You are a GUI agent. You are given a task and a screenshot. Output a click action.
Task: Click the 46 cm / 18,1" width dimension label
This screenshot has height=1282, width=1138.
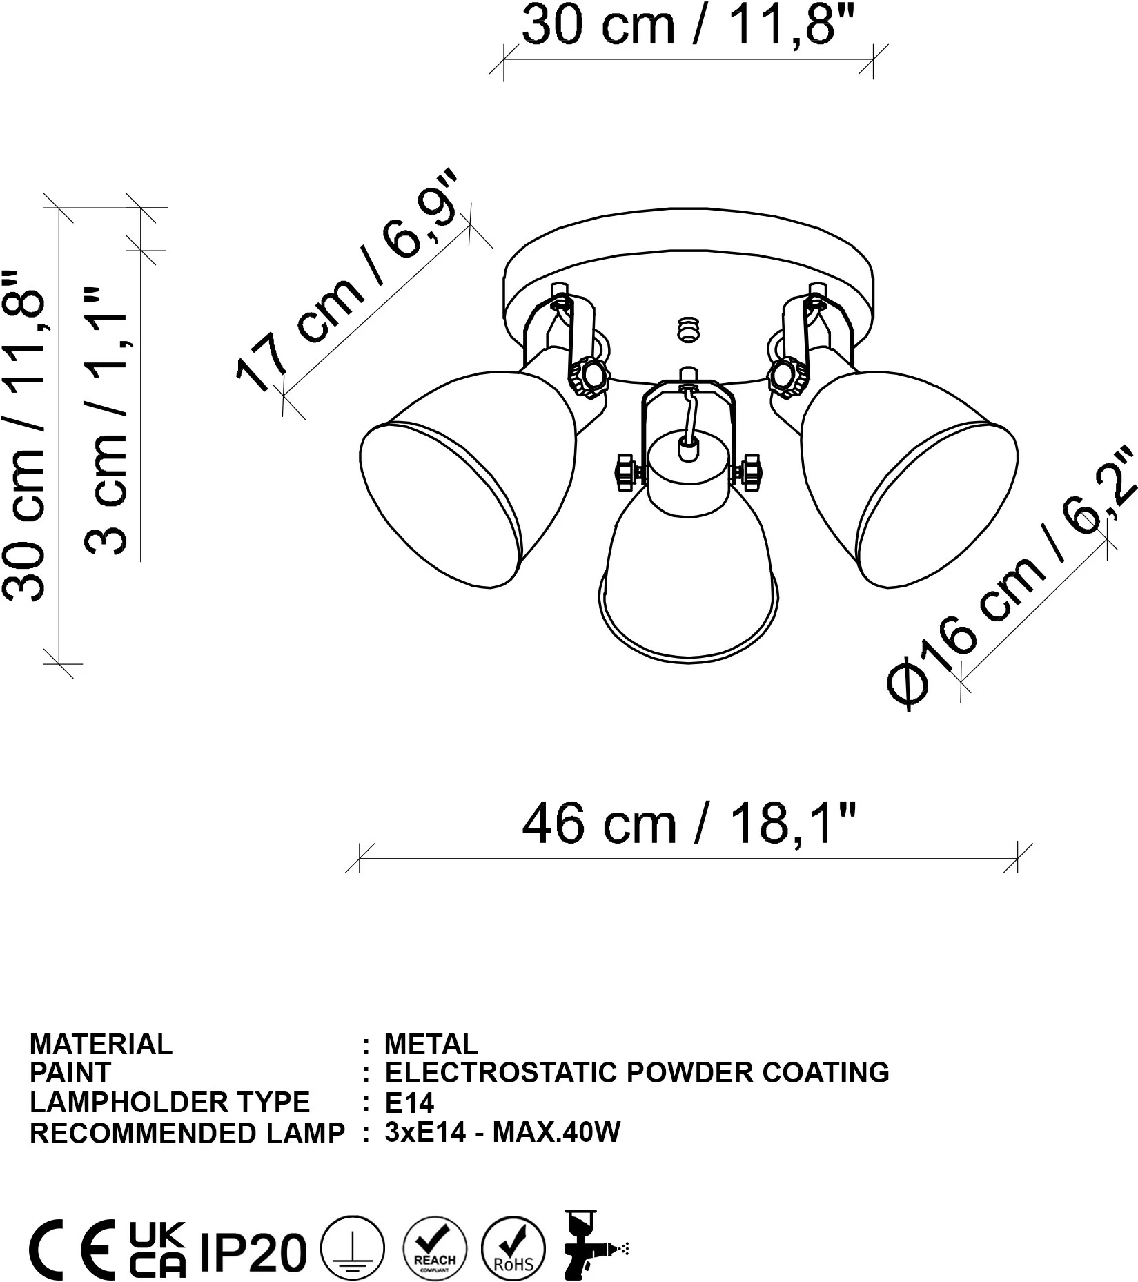coord(689,824)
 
